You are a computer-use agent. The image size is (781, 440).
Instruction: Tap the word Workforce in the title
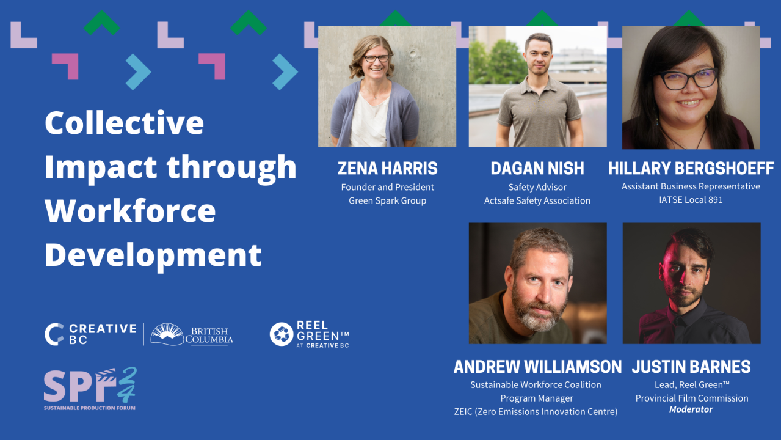point(130,211)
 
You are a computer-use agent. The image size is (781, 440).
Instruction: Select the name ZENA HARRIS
point(387,168)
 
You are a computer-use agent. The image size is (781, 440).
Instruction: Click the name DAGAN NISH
point(537,168)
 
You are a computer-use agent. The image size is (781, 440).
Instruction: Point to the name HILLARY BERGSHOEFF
point(691,168)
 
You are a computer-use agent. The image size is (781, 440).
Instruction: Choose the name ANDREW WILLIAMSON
point(537,367)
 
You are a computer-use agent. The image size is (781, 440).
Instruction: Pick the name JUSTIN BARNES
point(691,367)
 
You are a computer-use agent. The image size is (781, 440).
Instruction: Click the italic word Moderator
point(691,409)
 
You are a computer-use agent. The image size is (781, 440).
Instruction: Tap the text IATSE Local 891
point(691,200)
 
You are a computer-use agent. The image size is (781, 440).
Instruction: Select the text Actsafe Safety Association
point(537,200)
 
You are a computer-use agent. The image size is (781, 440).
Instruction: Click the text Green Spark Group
point(387,200)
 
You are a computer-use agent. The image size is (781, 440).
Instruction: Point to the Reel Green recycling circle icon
point(282,334)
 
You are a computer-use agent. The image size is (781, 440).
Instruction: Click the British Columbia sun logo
point(167,334)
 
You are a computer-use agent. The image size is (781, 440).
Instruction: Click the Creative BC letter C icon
point(54,334)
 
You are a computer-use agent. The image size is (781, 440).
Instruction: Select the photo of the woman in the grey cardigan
point(387,86)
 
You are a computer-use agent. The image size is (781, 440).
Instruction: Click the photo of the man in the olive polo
point(537,86)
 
